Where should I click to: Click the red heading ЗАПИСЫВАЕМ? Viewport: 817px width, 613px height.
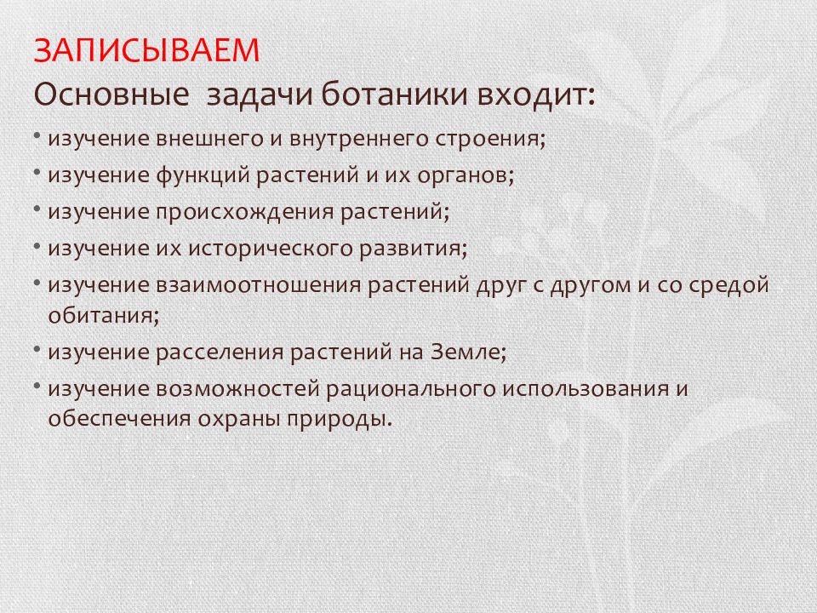pos(146,50)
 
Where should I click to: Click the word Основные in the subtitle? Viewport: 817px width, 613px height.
pos(111,95)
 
